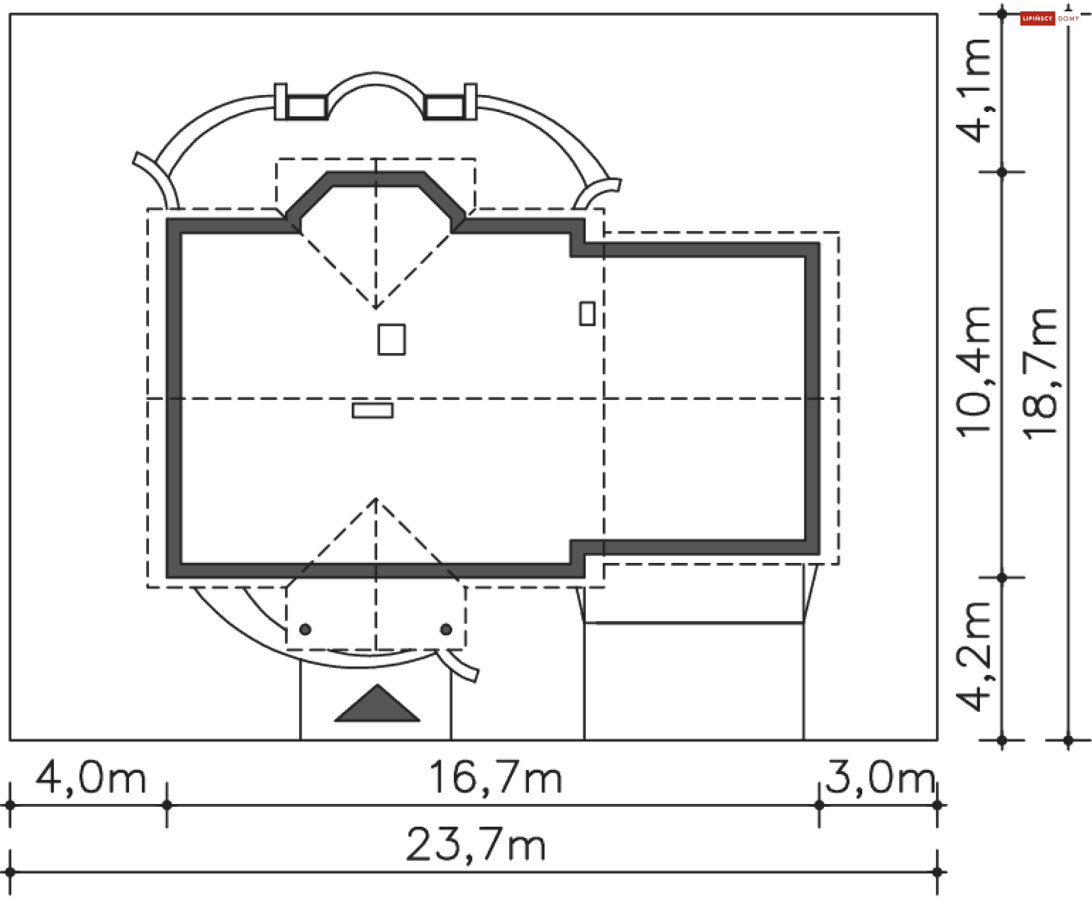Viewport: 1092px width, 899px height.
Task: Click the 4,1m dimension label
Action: (x=974, y=90)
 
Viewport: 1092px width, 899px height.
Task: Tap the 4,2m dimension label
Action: (x=974, y=656)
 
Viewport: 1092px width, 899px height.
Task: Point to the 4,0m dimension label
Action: (x=90, y=778)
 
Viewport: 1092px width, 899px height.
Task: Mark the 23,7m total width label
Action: (x=476, y=845)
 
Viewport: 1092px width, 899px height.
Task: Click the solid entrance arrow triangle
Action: (x=377, y=703)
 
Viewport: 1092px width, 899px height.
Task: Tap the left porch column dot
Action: (x=305, y=629)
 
